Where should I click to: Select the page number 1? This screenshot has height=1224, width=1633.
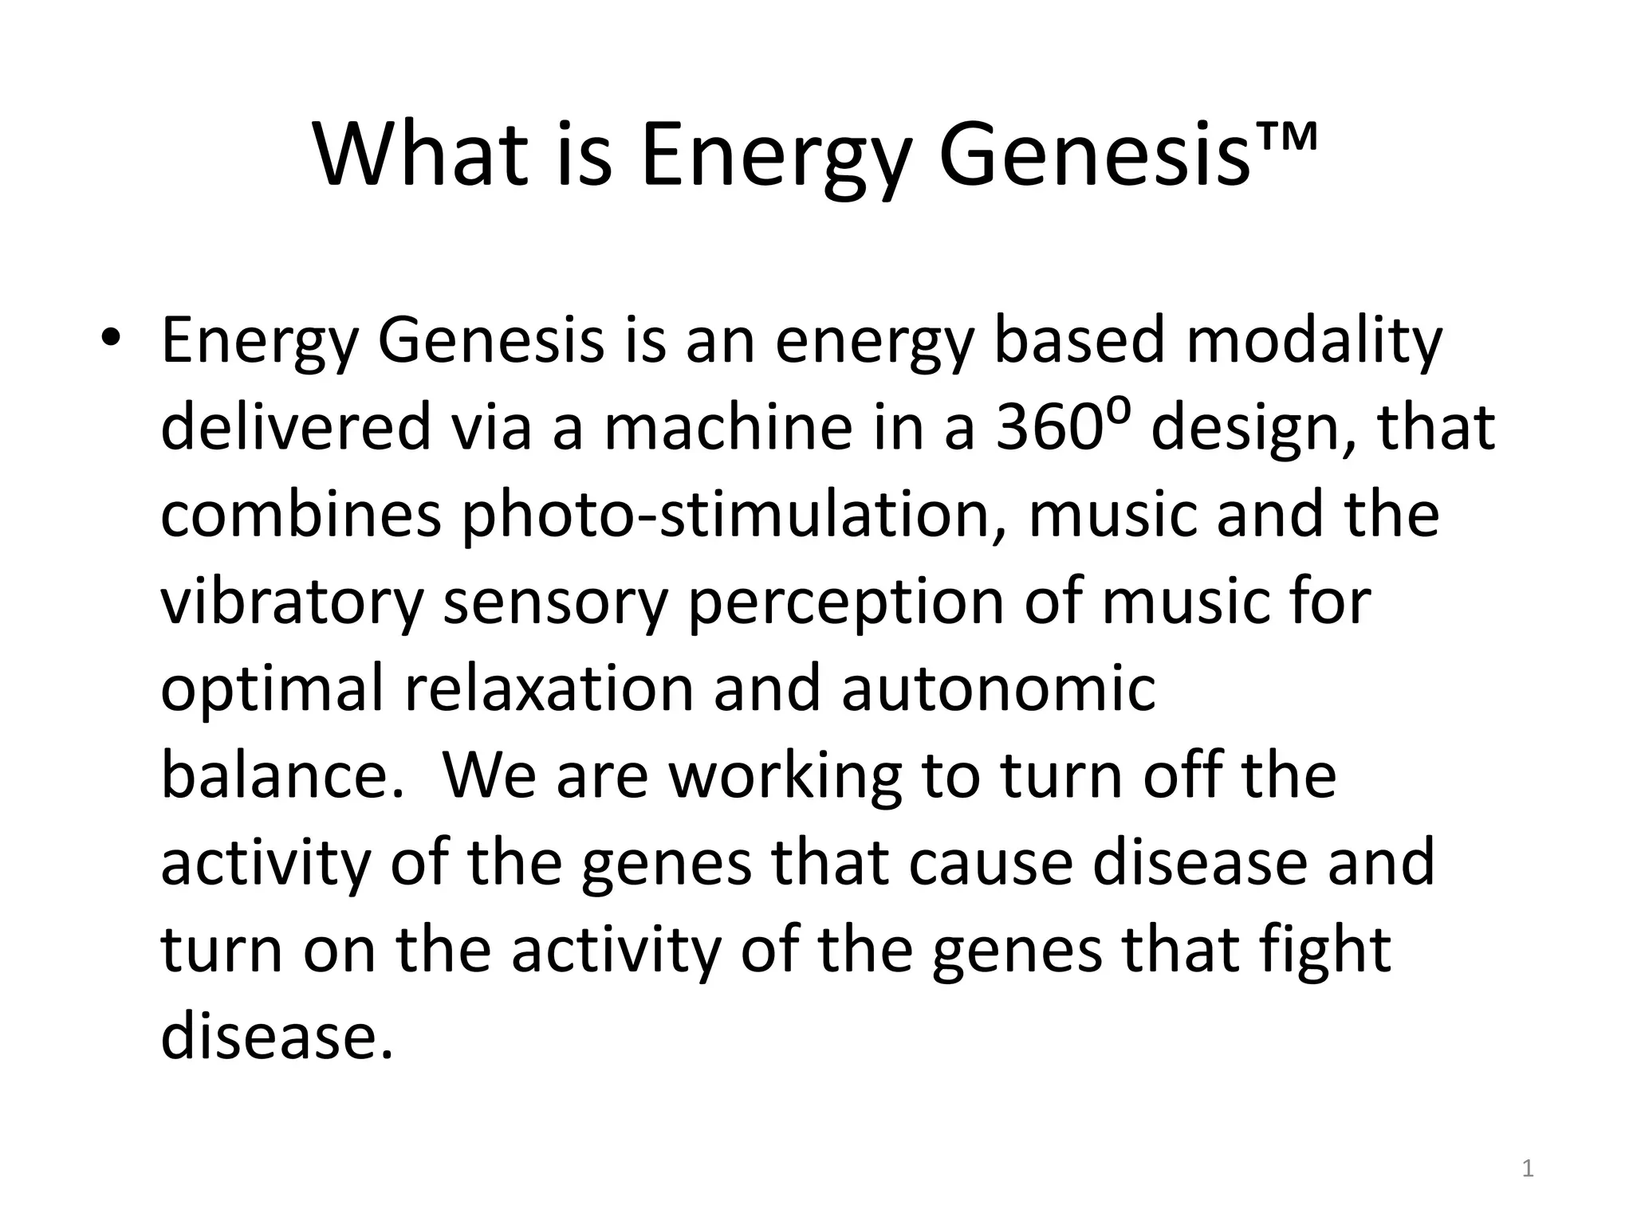(1527, 1169)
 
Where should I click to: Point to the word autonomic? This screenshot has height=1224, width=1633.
(998, 689)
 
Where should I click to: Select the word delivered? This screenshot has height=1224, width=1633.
(296, 428)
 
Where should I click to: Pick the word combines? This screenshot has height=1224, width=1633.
(301, 515)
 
